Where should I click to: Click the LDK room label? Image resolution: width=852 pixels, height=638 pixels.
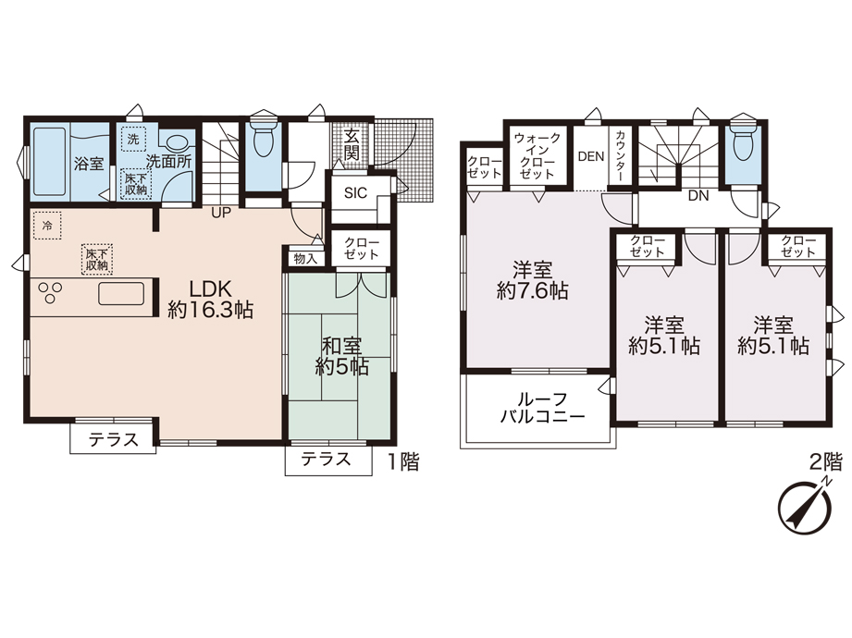(x=210, y=299)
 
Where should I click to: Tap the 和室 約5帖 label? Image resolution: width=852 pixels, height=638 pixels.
(x=341, y=356)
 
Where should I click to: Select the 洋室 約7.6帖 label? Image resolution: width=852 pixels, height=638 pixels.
(x=532, y=281)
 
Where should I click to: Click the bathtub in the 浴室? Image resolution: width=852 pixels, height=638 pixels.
(x=49, y=162)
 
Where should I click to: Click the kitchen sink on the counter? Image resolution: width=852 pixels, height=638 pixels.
(x=121, y=294)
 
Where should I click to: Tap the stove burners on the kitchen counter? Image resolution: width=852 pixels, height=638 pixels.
(x=49, y=293)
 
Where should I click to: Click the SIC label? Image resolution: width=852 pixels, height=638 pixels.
(x=355, y=192)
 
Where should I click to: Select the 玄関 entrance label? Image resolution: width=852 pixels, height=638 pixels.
(x=352, y=143)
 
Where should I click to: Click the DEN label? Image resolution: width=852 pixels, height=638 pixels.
(x=591, y=156)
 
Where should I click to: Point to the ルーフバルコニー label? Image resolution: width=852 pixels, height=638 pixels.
(x=542, y=409)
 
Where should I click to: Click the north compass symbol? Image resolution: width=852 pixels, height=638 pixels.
(x=805, y=506)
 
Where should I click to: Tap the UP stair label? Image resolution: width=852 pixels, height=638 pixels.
(x=221, y=213)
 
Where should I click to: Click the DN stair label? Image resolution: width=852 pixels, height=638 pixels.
(x=698, y=196)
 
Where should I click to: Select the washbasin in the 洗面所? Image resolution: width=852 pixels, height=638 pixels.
(x=177, y=143)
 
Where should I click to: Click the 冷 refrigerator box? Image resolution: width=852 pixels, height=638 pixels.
(x=47, y=226)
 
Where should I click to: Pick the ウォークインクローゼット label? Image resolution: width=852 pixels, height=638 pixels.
(x=537, y=156)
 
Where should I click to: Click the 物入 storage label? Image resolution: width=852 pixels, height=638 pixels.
(x=305, y=259)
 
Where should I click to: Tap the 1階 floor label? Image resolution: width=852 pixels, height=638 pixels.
(x=403, y=462)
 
